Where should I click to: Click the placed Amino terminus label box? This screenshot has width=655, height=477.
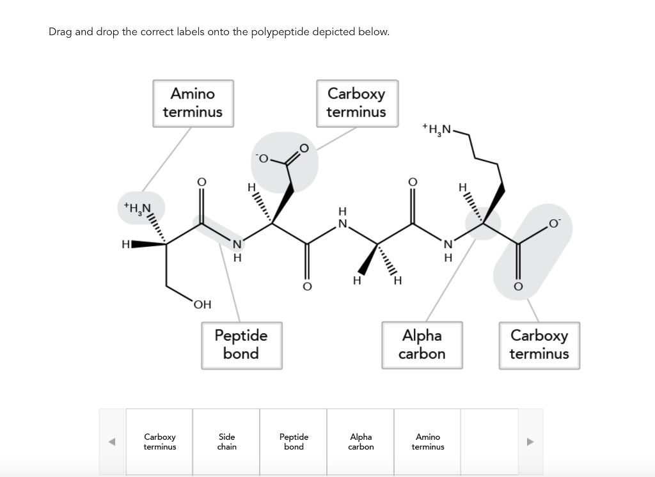click(x=193, y=103)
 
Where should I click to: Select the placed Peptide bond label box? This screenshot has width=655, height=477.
click(x=241, y=345)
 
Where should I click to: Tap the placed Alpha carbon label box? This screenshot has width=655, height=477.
click(x=422, y=345)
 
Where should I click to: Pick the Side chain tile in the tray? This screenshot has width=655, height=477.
click(x=226, y=442)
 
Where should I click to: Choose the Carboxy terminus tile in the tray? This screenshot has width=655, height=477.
click(x=159, y=442)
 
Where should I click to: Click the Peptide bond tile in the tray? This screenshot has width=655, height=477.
click(x=294, y=442)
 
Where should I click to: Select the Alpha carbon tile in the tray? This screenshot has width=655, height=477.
click(x=361, y=442)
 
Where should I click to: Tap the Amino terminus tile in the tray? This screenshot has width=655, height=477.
click(x=428, y=442)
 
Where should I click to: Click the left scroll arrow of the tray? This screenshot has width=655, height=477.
click(x=112, y=442)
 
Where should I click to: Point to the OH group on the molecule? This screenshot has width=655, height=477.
click(x=202, y=305)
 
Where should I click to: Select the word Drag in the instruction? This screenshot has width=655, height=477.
click(x=60, y=32)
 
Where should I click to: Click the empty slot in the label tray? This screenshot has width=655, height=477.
click(x=494, y=442)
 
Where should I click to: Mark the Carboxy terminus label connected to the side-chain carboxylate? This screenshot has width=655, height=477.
click(x=356, y=103)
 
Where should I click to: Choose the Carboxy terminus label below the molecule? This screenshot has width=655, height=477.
click(x=539, y=345)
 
